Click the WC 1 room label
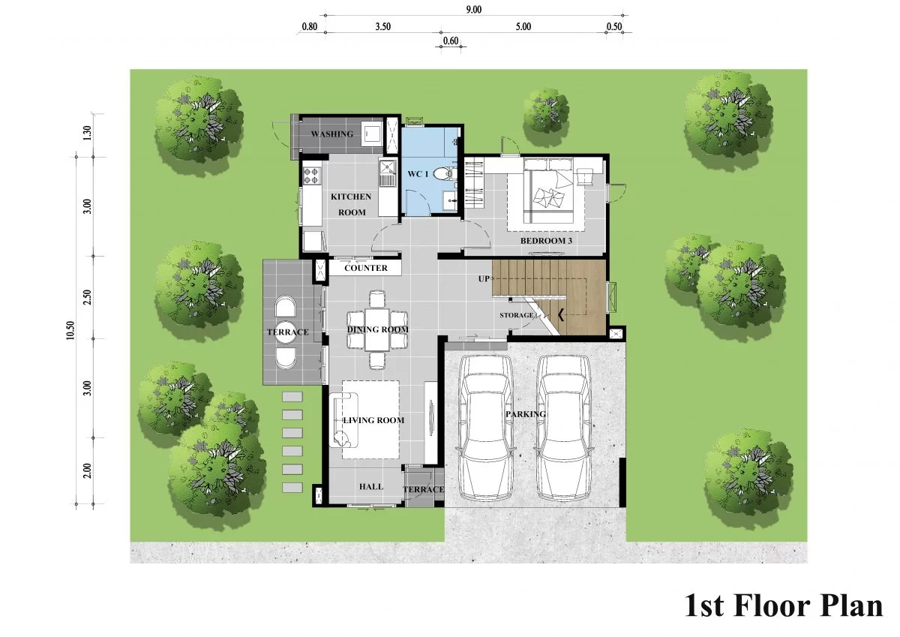(418, 174)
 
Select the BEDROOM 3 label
(546, 241)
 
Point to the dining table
(376, 329)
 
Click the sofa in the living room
(343, 420)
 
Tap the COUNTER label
(366, 268)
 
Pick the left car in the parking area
(485, 428)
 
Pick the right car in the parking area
(564, 428)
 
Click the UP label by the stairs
(484, 278)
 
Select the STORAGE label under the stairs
(516, 315)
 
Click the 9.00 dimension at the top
(474, 10)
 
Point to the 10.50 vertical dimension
(70, 330)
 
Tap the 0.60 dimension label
(451, 41)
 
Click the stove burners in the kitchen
(310, 176)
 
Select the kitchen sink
(387, 173)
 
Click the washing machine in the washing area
(372, 133)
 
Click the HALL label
(370, 487)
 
